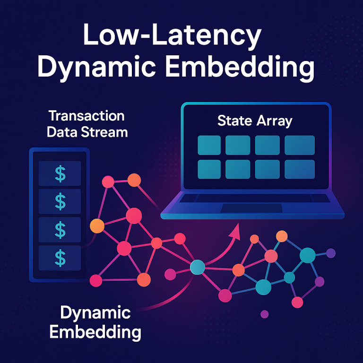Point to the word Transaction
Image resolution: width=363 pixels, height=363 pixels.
pyautogui.click(x=86, y=116)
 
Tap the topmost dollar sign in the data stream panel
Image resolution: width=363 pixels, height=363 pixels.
pyautogui.click(x=60, y=174)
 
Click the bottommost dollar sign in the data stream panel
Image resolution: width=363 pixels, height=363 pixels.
pyautogui.click(x=60, y=258)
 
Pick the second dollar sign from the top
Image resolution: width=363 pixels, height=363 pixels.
pyautogui.click(x=60, y=202)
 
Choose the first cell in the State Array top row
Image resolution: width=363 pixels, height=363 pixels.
pyautogui.click(x=209, y=145)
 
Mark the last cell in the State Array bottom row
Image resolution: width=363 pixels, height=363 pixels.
pyautogui.click(x=300, y=169)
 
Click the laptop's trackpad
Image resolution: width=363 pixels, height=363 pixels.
pyautogui.click(x=251, y=208)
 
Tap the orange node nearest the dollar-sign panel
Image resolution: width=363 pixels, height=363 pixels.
pyautogui.click(x=97, y=225)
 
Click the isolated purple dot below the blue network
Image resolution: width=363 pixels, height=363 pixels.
pyautogui.click(x=265, y=314)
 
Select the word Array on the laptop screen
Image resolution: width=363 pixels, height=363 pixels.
pyautogui.click(x=274, y=121)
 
